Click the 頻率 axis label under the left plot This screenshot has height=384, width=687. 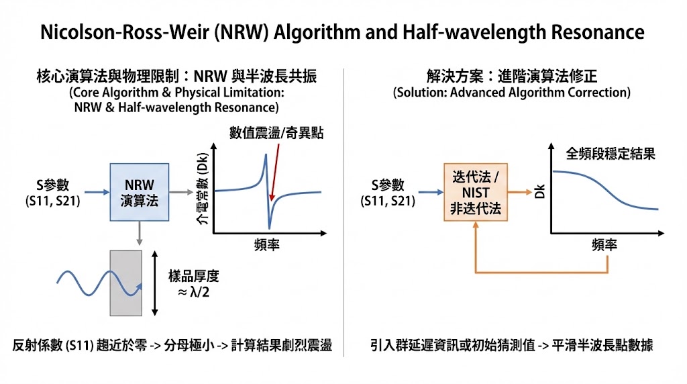point(267,245)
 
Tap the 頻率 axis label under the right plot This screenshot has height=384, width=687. point(604,245)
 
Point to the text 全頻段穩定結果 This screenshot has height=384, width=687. point(611,154)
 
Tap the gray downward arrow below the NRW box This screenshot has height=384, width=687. point(138,234)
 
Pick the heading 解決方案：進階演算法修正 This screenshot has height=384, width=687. point(512,77)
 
